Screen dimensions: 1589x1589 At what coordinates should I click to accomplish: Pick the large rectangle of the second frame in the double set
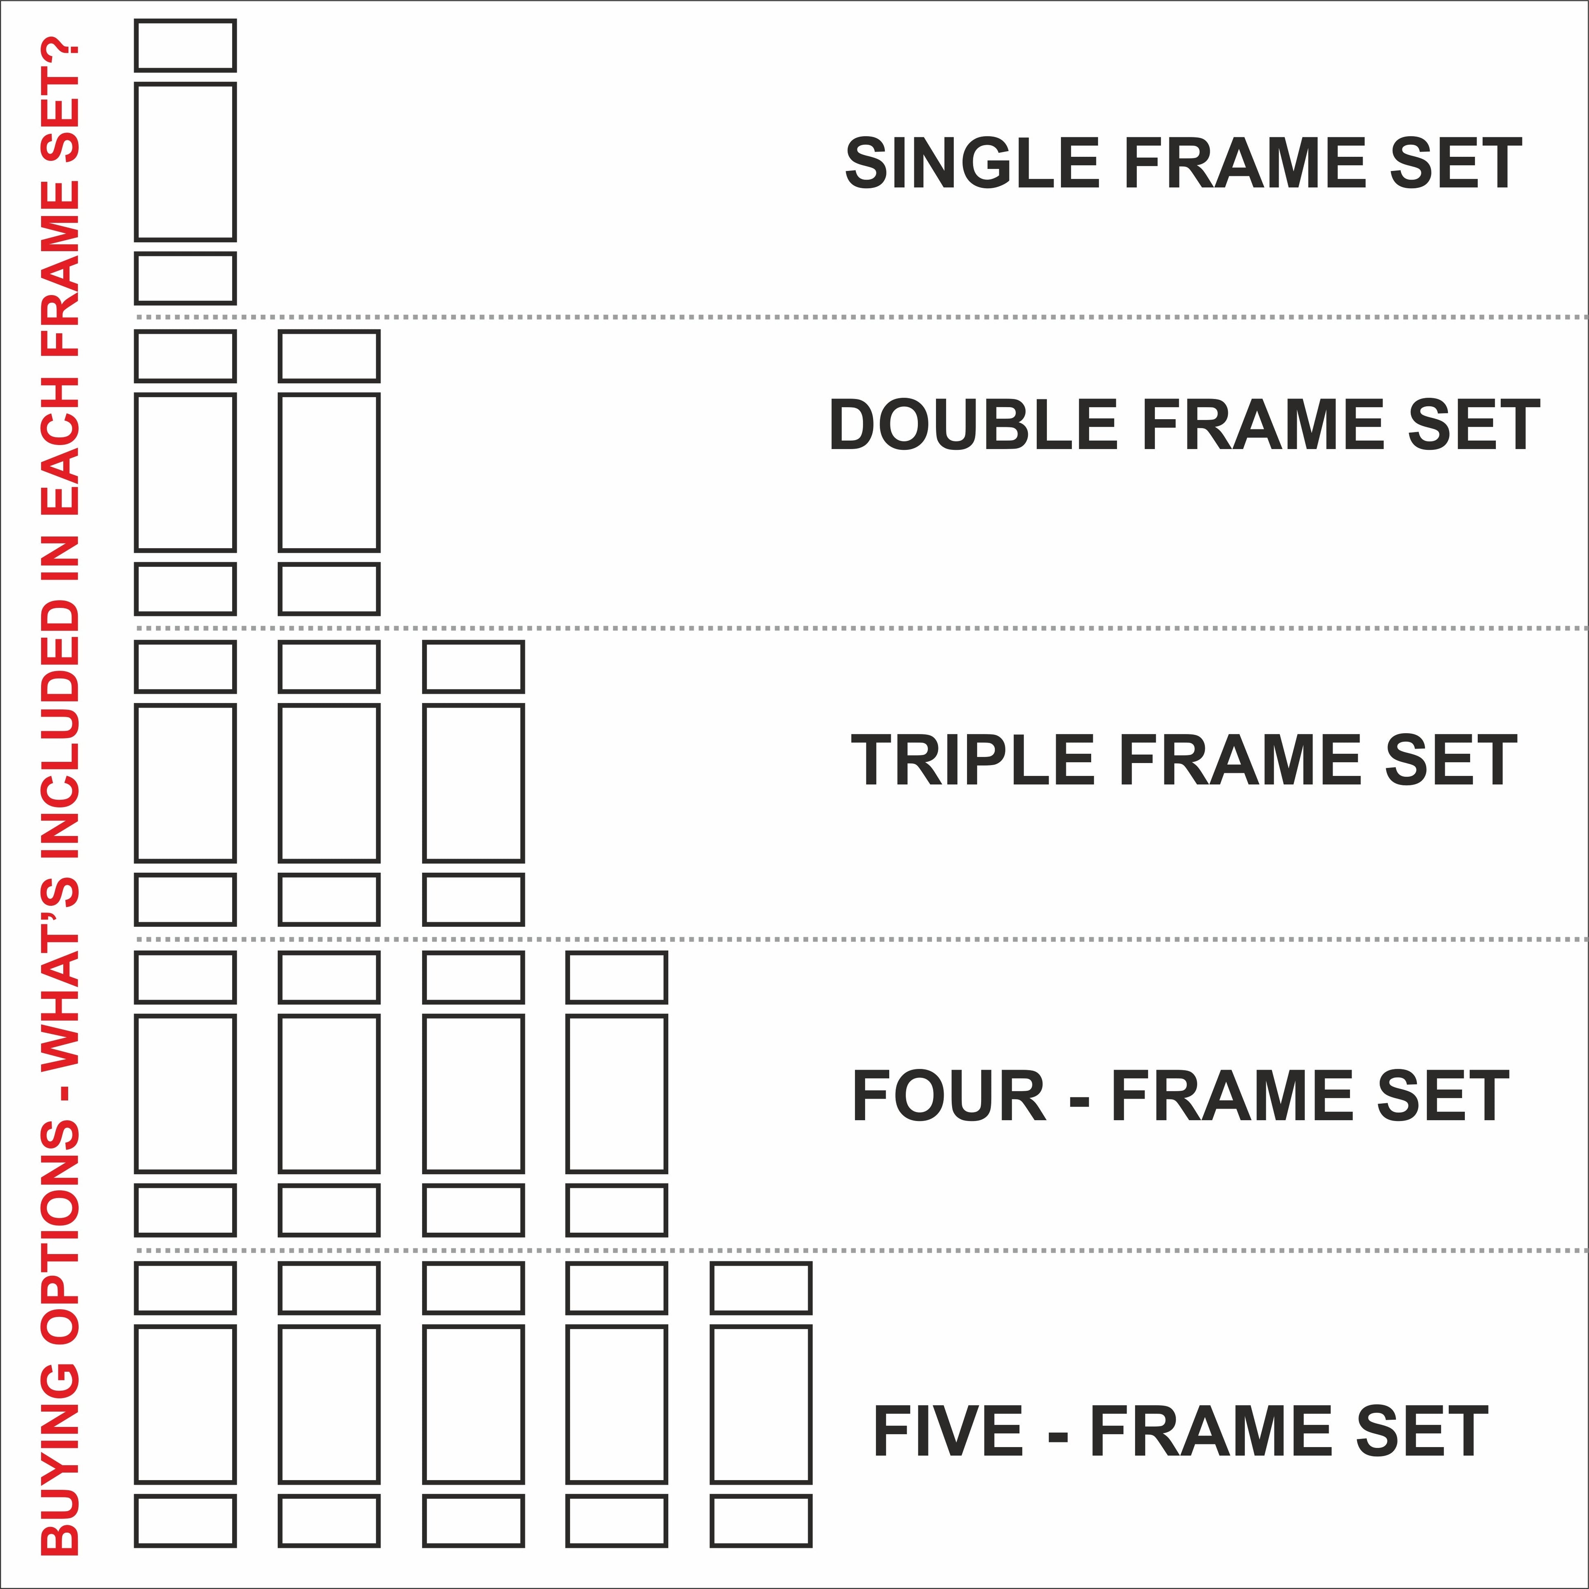(x=329, y=472)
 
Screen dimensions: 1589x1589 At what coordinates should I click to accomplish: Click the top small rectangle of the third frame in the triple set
(x=473, y=667)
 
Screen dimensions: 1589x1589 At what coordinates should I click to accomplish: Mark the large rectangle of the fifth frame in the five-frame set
(x=761, y=1404)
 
